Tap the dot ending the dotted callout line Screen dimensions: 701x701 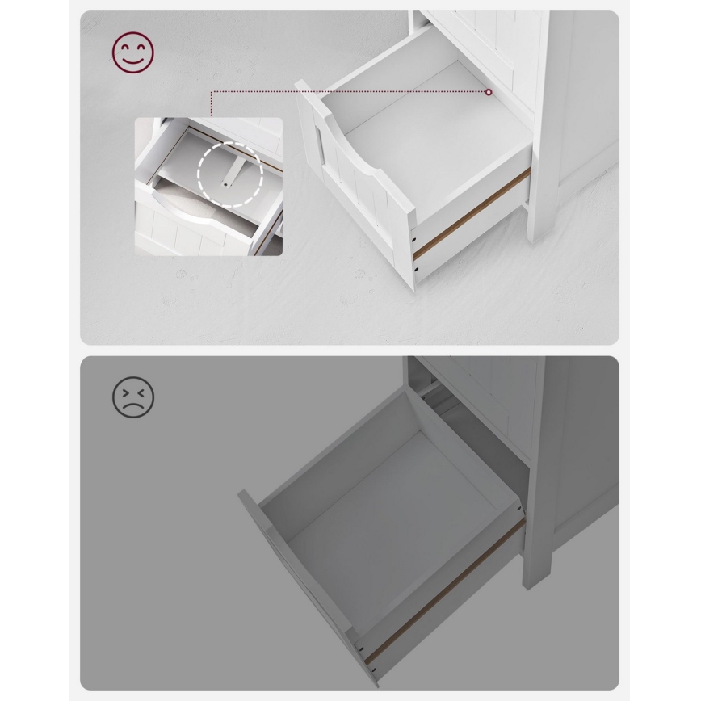click(489, 93)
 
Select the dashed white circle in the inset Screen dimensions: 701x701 click(229, 176)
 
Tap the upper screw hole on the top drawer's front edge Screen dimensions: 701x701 click(415, 238)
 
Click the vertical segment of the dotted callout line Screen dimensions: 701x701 click(212, 104)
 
